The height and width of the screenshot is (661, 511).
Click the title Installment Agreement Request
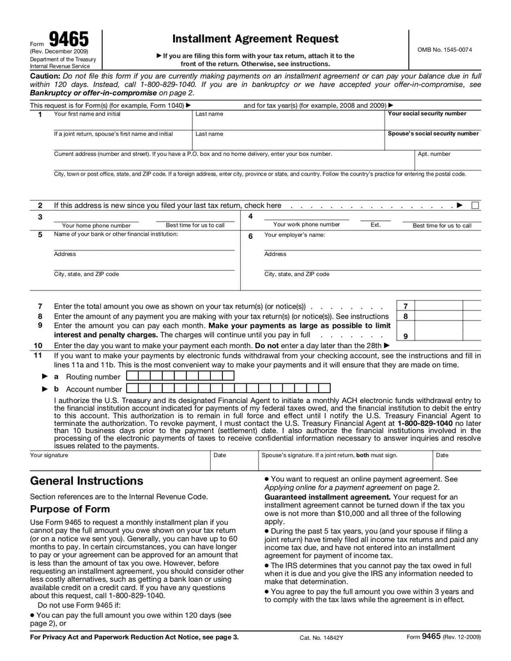[x=256, y=39]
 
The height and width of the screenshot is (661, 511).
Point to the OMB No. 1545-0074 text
[x=445, y=50]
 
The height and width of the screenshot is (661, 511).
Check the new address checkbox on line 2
[x=475, y=206]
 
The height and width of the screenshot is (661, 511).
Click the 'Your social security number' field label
[x=427, y=114]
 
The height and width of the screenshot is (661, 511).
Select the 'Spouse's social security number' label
[x=433, y=133]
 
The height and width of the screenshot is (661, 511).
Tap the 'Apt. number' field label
[x=434, y=154]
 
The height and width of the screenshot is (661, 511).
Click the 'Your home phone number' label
[x=96, y=225]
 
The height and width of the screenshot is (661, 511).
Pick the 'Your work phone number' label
[x=307, y=225]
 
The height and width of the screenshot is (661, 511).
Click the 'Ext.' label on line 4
[x=376, y=225]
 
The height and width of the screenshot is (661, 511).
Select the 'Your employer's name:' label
[x=294, y=235]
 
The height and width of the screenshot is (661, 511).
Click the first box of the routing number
[x=132, y=376]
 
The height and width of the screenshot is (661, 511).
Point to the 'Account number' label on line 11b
[x=94, y=389]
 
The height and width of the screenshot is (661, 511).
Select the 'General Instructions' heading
[x=87, y=481]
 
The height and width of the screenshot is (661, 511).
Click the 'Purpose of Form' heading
[x=70, y=510]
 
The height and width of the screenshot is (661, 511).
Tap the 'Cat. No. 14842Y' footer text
[x=321, y=637]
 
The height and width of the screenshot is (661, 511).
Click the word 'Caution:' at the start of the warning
[x=45, y=75]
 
